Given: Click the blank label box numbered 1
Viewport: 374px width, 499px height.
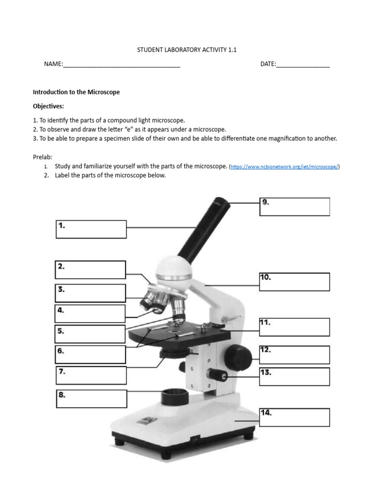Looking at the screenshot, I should [x=91, y=229].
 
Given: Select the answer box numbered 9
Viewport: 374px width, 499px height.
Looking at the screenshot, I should [x=295, y=207].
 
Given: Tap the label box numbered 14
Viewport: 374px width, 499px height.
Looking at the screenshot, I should [x=295, y=417].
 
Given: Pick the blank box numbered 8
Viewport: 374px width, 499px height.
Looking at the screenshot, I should [x=91, y=399].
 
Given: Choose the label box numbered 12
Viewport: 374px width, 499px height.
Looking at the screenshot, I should [x=295, y=355].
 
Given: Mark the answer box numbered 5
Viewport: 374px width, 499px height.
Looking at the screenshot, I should [x=91, y=334].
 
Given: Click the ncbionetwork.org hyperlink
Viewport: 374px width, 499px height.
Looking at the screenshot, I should [x=284, y=167].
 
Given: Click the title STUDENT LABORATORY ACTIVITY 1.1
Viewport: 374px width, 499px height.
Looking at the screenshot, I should [x=187, y=50].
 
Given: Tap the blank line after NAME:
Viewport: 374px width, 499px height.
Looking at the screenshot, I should [x=122, y=64].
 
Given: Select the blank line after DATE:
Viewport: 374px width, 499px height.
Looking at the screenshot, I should [x=303, y=64].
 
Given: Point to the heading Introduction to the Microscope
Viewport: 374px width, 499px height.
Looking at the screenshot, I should [x=76, y=92].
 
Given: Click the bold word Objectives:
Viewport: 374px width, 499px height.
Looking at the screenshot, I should [x=48, y=106].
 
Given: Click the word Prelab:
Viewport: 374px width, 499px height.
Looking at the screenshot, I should [x=42, y=157].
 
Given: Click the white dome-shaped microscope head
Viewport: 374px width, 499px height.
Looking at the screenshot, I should [x=173, y=269].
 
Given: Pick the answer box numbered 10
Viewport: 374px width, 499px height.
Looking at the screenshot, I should [x=295, y=282].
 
